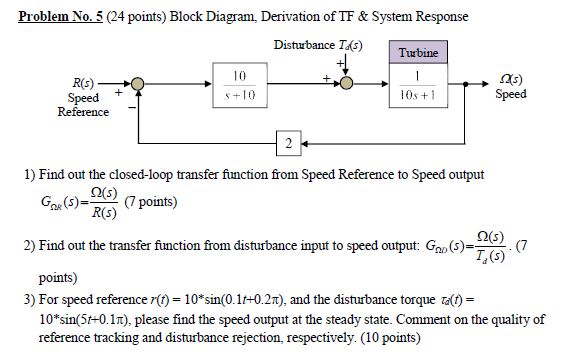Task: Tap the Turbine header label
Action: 417,52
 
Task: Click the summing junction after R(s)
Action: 141,84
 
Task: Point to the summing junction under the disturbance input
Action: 344,84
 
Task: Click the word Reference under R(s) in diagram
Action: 83,112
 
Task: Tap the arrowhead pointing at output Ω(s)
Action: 487,84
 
